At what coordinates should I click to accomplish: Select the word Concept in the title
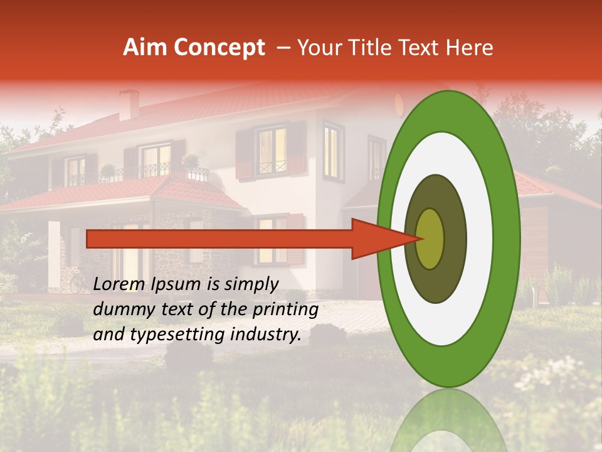(218, 48)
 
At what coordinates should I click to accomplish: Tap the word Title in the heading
(376, 48)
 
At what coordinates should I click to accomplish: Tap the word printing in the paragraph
(285, 309)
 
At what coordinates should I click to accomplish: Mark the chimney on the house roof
(129, 104)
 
